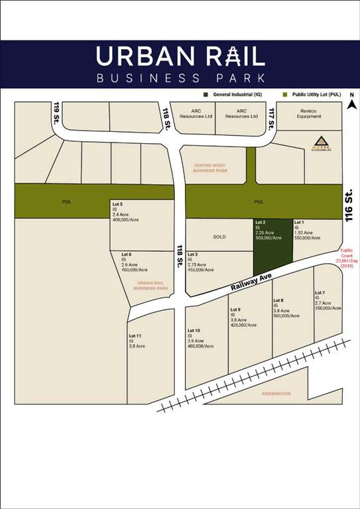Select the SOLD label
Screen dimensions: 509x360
pos(219,237)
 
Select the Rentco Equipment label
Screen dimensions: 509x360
pos(310,113)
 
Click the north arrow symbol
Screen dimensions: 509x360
pos(353,103)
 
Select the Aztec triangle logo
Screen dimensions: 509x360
pos(320,142)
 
